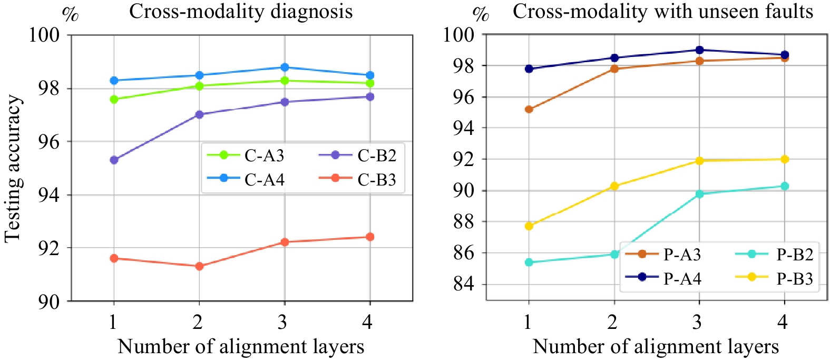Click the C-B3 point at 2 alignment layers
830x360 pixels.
pos(199,266)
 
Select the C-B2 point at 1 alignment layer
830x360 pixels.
pos(114,160)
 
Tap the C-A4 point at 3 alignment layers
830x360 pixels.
pos(285,67)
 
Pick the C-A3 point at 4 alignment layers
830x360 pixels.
pos(370,83)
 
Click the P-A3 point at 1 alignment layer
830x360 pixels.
pos(529,110)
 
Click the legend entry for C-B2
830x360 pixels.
pos(376,155)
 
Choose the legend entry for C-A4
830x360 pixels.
pos(264,180)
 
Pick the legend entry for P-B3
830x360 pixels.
pos(795,278)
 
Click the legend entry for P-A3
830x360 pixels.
pos(682,255)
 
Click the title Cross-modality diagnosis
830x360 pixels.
pos(241,12)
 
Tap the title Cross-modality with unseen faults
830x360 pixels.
pos(663,12)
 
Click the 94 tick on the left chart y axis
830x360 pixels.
pos(49,195)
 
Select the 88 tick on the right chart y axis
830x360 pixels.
pos(464,222)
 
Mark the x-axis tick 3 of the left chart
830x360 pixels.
pos(283,322)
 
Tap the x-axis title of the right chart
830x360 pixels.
pos(656,347)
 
